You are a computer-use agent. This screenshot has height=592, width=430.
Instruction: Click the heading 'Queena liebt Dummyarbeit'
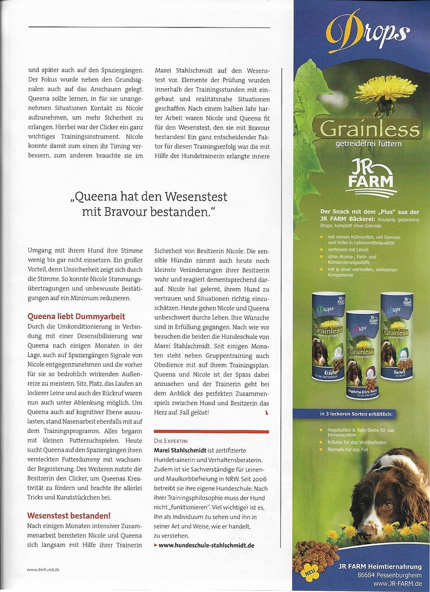pos(76,316)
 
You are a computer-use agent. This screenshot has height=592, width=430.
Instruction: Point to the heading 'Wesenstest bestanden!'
pos(69,515)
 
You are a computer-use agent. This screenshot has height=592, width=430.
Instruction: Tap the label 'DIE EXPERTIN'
pos(171,441)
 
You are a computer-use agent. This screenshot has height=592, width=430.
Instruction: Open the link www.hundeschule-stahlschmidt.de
pos(206,545)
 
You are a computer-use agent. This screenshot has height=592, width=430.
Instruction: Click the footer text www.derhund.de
pos(43,570)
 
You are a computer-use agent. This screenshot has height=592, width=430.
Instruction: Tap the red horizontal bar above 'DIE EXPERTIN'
pos(211,431)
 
